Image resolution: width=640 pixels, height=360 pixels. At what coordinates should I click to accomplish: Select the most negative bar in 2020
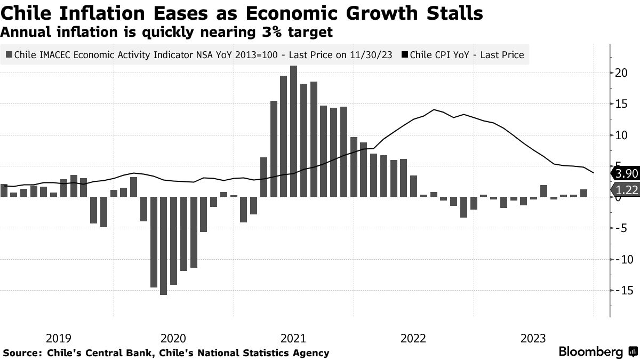[163, 245]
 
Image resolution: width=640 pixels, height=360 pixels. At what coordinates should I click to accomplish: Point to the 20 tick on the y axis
[620, 73]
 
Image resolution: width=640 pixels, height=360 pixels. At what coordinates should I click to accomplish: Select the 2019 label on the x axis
[59, 338]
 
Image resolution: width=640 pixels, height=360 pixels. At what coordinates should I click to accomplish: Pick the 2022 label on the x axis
[413, 338]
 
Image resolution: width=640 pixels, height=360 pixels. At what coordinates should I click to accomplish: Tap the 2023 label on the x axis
[533, 338]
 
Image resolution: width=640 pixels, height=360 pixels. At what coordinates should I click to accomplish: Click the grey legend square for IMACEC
[9, 54]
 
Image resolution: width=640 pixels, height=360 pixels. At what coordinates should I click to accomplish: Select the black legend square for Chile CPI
[405, 54]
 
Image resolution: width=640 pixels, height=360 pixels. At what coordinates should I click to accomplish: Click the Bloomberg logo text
[590, 352]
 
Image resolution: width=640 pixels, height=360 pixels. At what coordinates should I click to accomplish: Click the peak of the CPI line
[434, 110]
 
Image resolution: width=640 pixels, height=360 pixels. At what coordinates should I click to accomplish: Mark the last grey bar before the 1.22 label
[583, 193]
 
